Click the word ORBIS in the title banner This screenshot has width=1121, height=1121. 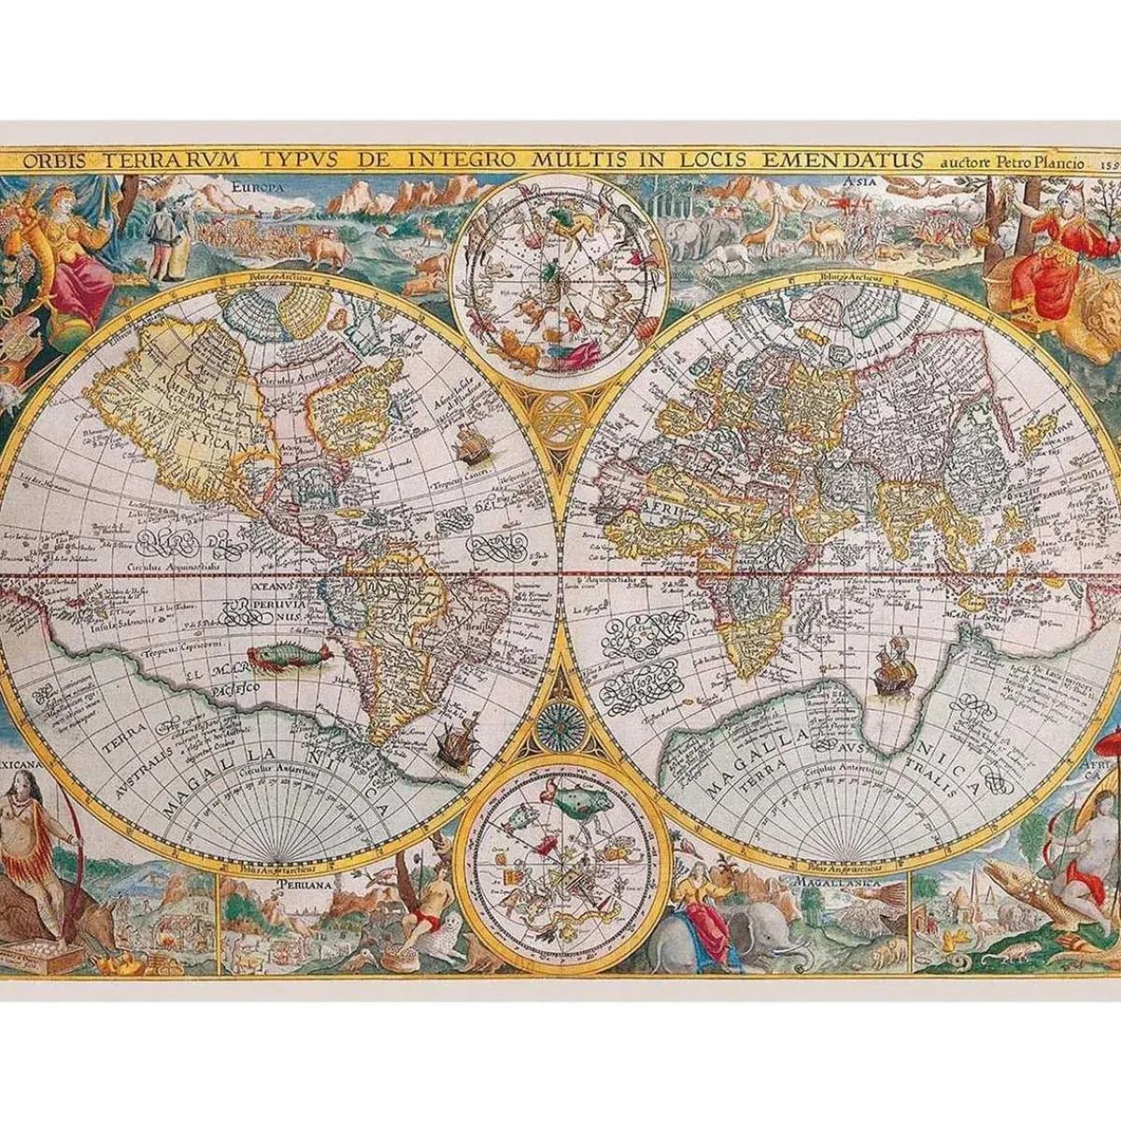[57, 160]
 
